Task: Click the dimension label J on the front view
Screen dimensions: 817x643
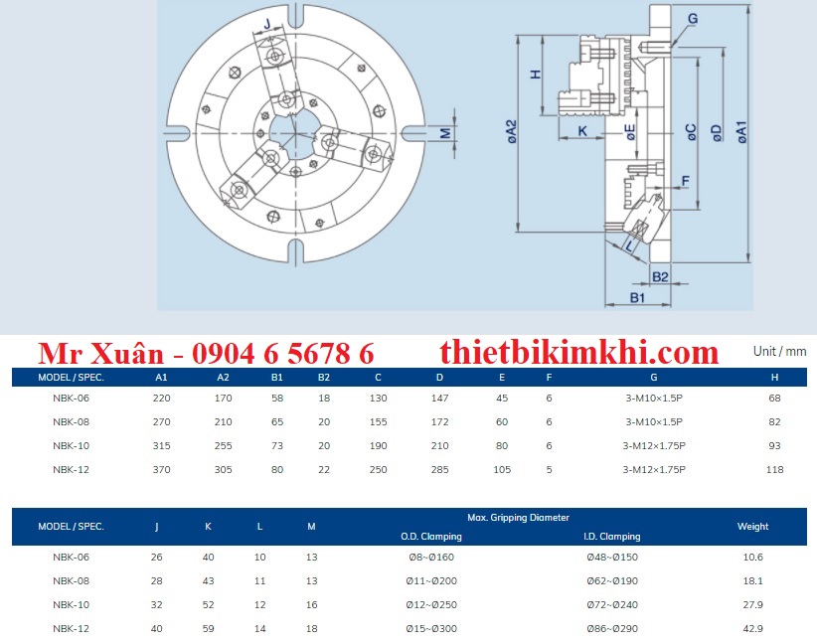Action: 267,24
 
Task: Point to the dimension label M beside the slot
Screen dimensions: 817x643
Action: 445,133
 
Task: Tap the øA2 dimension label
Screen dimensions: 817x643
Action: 511,131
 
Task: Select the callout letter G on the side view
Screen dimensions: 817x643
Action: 693,19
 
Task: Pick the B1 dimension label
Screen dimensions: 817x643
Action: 637,297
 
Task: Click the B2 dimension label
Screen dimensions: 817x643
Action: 660,276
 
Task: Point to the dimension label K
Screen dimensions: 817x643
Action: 582,131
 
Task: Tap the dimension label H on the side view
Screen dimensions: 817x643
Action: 536,75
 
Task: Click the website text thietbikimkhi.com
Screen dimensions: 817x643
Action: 579,353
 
